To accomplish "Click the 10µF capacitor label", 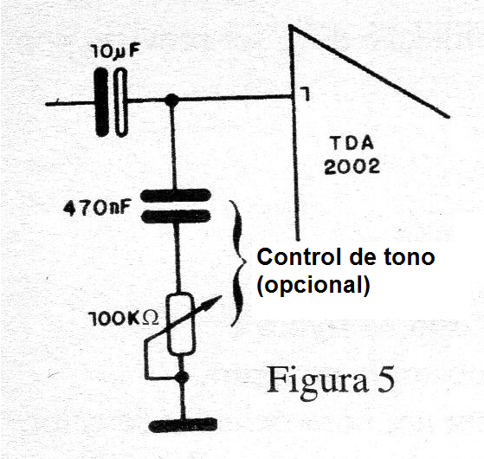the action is pos(115,53).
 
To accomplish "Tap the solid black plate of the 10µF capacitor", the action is pos(101,102).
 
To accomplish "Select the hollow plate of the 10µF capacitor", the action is pos(121,102).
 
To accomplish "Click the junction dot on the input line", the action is pos(171,100).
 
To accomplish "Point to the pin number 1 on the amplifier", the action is pos(306,94).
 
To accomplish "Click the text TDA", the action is pos(352,144).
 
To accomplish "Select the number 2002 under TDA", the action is pos(352,166).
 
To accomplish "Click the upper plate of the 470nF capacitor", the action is pos(176,196).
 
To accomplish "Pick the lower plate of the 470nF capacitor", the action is pos(176,216).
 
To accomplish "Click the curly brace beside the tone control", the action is pos(239,263).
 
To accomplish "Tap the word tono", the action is pos(410,257).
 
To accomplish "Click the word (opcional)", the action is pos(313,285).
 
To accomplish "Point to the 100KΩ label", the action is pos(124,318).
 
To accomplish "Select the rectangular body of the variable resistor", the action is pos(181,324).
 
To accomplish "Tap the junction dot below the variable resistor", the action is pos(183,377).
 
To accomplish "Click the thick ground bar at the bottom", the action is pos(183,425).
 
